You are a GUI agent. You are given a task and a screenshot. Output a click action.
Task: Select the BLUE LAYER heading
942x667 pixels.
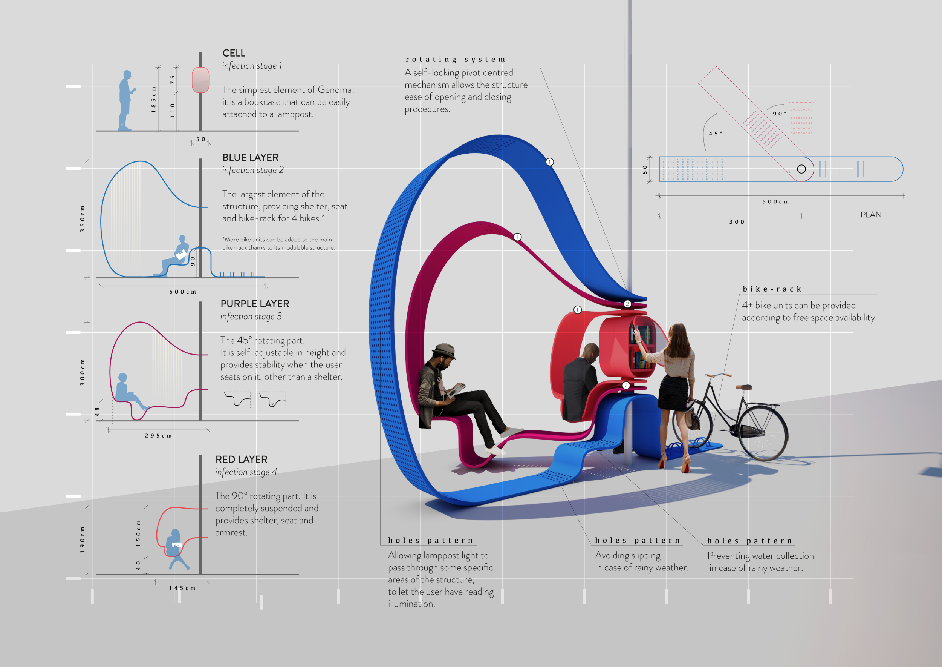click(x=250, y=157)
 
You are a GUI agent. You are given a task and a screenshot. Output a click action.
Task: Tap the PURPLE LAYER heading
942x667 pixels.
click(x=255, y=304)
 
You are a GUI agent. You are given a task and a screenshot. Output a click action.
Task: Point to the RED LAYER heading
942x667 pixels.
click(x=241, y=459)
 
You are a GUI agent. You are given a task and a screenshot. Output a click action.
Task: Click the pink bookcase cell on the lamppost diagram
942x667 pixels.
click(x=200, y=80)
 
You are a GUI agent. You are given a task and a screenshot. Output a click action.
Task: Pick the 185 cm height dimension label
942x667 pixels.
click(x=154, y=100)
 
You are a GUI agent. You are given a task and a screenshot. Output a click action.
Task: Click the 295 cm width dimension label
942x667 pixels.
click(x=158, y=435)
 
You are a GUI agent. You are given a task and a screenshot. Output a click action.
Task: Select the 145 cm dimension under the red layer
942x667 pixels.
click(x=182, y=588)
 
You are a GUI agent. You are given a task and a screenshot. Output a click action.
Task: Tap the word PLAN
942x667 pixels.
click(x=871, y=215)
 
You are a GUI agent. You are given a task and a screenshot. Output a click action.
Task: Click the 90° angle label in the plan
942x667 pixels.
click(x=780, y=113)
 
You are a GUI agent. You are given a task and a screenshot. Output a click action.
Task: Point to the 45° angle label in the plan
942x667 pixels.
click(x=716, y=134)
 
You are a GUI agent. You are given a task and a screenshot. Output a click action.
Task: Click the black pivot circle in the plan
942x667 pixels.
click(x=801, y=169)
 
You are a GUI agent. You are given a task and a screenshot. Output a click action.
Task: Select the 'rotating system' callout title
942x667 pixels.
click(x=456, y=60)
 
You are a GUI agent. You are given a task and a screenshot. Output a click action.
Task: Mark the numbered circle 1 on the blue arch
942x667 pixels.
click(x=550, y=162)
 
